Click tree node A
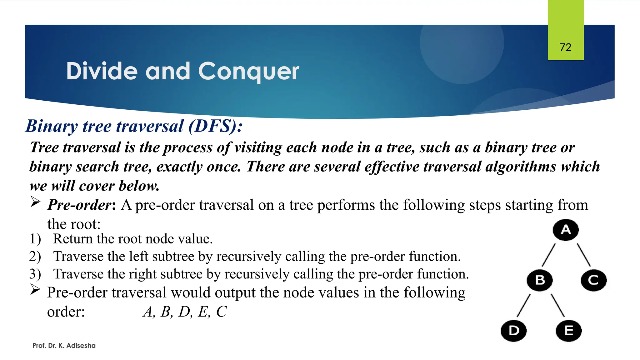point(565,230)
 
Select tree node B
point(540,280)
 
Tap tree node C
point(593,280)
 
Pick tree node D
point(513,331)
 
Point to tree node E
point(568,331)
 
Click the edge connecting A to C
point(583,255)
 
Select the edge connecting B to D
point(524,306)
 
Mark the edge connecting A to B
point(549,255)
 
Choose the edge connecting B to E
point(557,306)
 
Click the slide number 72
point(565,47)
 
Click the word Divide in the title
point(102,71)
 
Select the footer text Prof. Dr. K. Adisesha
point(64,346)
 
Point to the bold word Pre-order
point(79,205)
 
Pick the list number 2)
point(35,257)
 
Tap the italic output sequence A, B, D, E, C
point(185,312)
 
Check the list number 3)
point(35,274)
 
